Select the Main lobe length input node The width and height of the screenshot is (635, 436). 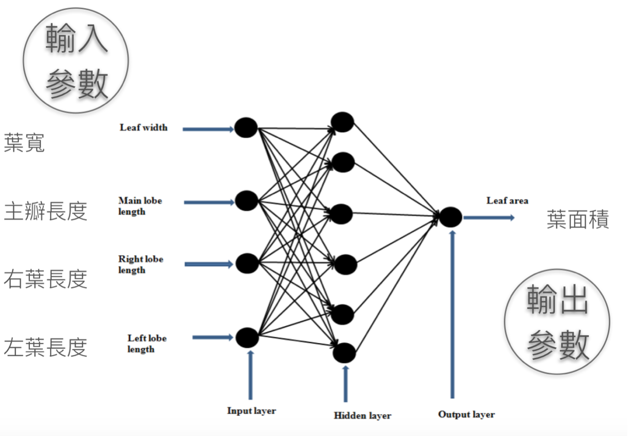[246, 201]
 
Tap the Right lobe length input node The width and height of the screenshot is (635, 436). [248, 263]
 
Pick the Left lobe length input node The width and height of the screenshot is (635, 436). [247, 337]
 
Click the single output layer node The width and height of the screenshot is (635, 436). [451, 217]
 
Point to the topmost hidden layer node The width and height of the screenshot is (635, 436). [343, 122]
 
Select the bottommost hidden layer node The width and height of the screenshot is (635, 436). [345, 354]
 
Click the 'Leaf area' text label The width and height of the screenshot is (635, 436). [507, 201]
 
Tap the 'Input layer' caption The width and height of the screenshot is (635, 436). [251, 411]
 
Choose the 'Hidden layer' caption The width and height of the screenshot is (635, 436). [362, 415]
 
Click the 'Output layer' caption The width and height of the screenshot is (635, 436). [466, 414]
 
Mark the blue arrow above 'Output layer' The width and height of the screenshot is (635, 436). [452, 313]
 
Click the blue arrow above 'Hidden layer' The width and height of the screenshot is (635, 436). [345, 383]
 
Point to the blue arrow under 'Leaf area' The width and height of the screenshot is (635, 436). [488, 218]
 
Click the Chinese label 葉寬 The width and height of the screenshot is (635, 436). [25, 143]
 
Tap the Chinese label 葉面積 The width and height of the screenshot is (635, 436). [578, 219]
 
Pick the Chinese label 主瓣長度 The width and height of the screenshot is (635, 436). [46, 211]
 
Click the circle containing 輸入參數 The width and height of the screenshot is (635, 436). [76, 60]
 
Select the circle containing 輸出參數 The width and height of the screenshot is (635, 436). [557, 322]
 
